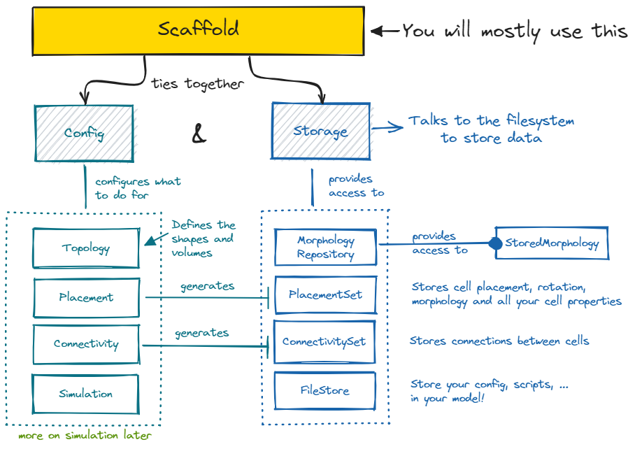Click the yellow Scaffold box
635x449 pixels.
(x=199, y=30)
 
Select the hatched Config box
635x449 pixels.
(x=84, y=133)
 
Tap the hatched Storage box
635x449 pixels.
(x=321, y=131)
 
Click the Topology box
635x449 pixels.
(x=86, y=248)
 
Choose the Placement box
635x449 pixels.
(x=86, y=297)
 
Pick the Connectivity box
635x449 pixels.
(x=86, y=344)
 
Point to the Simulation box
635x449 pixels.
(x=86, y=393)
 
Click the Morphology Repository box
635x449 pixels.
(x=325, y=248)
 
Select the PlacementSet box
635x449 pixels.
(x=325, y=294)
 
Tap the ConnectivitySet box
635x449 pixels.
(x=324, y=342)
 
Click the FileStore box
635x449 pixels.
(x=324, y=390)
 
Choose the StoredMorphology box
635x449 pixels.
(x=552, y=243)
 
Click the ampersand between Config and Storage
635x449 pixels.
(x=199, y=135)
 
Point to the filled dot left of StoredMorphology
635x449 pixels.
(x=495, y=243)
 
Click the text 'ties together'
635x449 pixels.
(x=198, y=84)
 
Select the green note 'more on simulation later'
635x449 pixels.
(x=85, y=435)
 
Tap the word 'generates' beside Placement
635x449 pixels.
(x=208, y=286)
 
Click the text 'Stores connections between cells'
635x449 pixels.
(x=499, y=341)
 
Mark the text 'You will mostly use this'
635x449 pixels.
(x=515, y=31)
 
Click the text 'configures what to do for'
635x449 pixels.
(x=137, y=188)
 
